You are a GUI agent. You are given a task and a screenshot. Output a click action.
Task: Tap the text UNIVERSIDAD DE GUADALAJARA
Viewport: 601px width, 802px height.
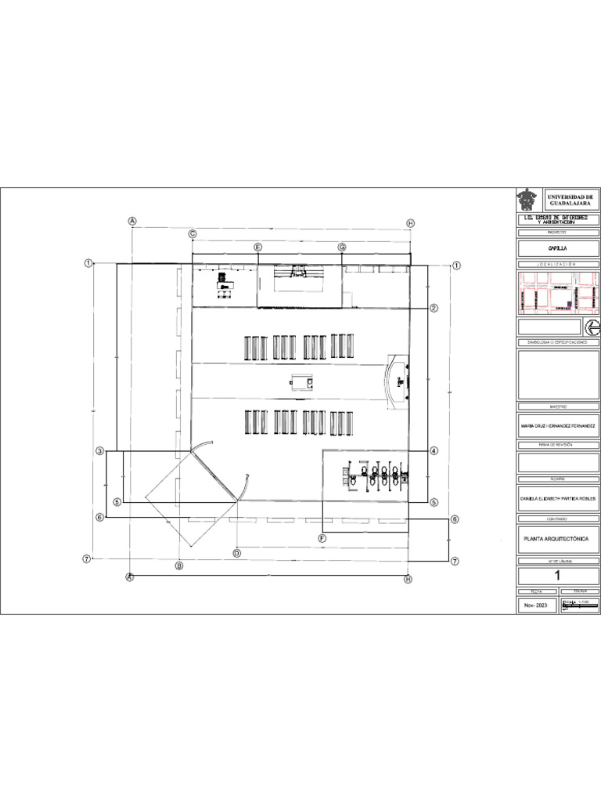coord(570,200)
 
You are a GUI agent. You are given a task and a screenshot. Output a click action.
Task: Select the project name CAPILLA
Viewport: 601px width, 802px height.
coord(558,248)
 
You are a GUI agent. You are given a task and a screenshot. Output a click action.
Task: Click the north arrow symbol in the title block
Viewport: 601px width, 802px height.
coord(592,327)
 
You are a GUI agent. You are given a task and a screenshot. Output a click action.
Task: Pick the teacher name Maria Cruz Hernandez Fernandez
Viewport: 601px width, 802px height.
coord(558,425)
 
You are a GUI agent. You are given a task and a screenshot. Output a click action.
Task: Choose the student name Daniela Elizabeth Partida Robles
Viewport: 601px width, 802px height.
coord(558,497)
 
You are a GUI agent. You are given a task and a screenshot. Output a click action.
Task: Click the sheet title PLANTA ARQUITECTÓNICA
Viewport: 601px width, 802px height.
coord(551,539)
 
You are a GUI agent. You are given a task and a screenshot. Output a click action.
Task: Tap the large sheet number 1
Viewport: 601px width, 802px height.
coord(558,576)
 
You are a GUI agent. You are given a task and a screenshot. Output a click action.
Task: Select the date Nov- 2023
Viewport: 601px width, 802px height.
coord(536,606)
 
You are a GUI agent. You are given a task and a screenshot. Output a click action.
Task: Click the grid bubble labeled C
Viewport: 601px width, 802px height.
coord(192,233)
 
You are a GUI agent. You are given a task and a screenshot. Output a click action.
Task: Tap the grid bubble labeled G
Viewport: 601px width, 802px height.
coord(342,247)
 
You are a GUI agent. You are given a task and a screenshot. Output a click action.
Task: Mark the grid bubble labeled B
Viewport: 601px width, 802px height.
coord(178,565)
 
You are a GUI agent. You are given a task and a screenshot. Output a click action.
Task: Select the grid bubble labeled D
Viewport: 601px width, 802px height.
coord(236,553)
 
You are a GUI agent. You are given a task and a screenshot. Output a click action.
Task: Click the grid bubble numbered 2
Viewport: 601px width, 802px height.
coord(434,308)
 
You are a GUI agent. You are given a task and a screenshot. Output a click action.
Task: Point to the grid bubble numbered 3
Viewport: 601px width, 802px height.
coord(99,451)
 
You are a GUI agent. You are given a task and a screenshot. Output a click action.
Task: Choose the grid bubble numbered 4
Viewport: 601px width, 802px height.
coord(434,451)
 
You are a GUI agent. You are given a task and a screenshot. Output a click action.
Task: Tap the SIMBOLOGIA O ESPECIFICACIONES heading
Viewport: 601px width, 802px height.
coord(558,342)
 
